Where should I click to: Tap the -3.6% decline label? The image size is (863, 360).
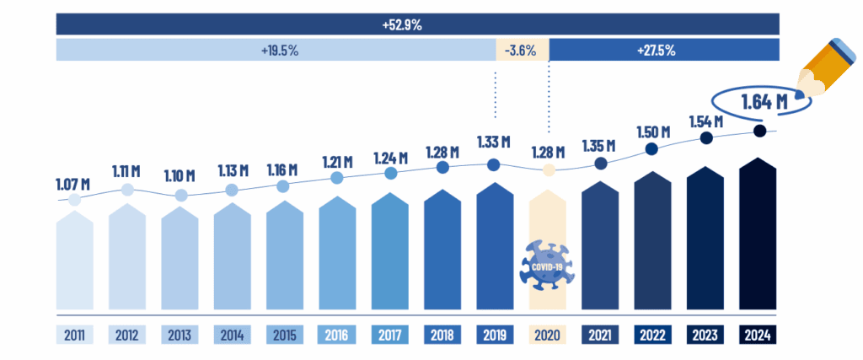521,50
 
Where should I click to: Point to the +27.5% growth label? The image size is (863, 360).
657,50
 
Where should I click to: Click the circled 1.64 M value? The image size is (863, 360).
764,104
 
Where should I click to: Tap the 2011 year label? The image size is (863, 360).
74,335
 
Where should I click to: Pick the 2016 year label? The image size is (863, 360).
337,335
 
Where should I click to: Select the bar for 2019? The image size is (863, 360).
495,249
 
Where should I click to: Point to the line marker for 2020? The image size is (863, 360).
549,169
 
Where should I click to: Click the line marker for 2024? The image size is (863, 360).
759,132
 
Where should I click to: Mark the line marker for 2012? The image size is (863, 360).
127,190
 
